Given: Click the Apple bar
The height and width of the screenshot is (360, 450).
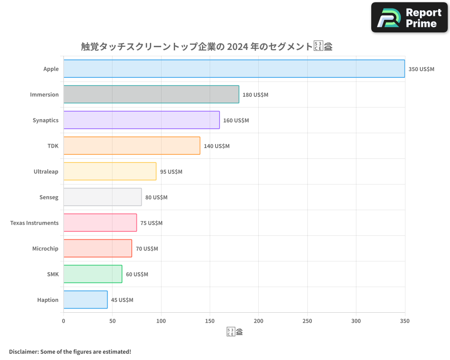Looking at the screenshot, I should (234, 69).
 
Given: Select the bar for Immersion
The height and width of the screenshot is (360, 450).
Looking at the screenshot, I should (151, 94).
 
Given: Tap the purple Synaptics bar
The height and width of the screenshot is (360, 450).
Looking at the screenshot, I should (141, 120).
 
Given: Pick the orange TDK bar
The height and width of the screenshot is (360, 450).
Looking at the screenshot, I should (132, 146).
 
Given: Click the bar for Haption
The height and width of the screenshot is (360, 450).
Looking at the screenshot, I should (85, 300).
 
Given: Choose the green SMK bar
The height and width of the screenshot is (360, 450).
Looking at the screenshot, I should (93, 274).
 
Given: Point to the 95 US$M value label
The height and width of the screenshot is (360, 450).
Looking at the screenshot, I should (171, 172).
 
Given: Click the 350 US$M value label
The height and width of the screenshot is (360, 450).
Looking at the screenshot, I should (421, 69).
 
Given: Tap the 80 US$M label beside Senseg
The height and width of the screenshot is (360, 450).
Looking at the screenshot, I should (156, 198).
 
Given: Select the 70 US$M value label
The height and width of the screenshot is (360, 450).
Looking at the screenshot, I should (147, 249).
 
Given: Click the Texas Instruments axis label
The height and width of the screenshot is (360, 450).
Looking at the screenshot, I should (34, 223).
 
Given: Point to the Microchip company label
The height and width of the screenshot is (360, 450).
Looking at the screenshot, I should (45, 249).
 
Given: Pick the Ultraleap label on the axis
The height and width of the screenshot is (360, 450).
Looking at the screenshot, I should (46, 172).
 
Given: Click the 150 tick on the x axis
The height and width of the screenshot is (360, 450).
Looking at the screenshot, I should (210, 321).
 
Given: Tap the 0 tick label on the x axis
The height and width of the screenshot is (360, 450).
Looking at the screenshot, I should (63, 321).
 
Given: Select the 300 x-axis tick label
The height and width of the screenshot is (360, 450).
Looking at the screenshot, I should (356, 321).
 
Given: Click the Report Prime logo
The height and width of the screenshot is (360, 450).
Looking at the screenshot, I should (409, 18).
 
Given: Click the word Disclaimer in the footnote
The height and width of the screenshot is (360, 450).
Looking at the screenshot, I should (23, 351).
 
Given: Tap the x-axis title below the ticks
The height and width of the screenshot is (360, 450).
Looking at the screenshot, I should (234, 333).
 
